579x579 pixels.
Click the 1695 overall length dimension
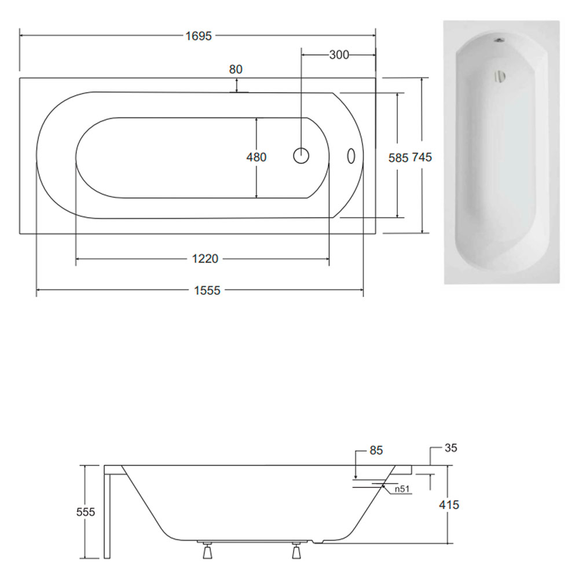tap(199, 36)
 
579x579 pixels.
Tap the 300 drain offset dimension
tap(339, 55)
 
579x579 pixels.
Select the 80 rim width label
tap(236, 69)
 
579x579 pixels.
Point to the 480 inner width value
tap(256, 157)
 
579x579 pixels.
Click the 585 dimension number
tap(398, 158)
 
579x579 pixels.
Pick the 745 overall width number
tap(422, 157)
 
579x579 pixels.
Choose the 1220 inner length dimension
tap(205, 259)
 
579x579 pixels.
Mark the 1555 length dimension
tap(207, 291)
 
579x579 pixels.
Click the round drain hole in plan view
tap(301, 156)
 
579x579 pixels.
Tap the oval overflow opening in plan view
tap(351, 156)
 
